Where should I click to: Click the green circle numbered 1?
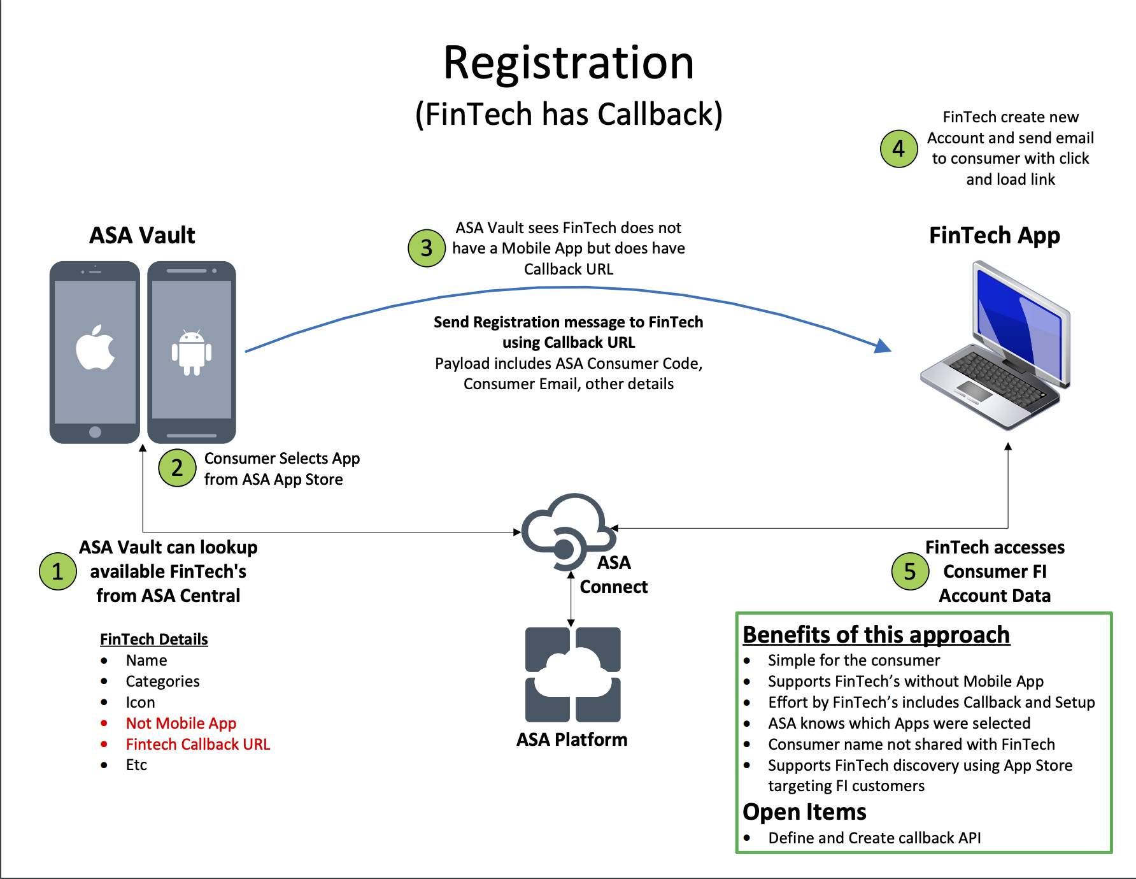pos(58,571)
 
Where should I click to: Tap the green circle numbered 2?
pos(177,468)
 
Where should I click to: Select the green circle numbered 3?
pos(427,248)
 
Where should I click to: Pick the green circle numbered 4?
pos(898,148)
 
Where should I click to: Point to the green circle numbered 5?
pos(910,571)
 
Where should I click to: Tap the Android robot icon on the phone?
pos(192,352)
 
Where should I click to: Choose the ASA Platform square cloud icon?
pos(572,675)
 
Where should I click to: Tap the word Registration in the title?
pos(568,63)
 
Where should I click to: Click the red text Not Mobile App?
pos(181,724)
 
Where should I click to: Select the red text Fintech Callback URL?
pos(198,745)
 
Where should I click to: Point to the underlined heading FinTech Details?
pos(154,640)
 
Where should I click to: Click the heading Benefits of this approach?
pos(876,635)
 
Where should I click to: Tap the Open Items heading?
pos(804,812)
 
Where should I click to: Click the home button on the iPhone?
pos(96,432)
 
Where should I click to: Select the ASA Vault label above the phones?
pos(142,236)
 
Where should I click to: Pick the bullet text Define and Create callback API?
pos(874,838)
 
